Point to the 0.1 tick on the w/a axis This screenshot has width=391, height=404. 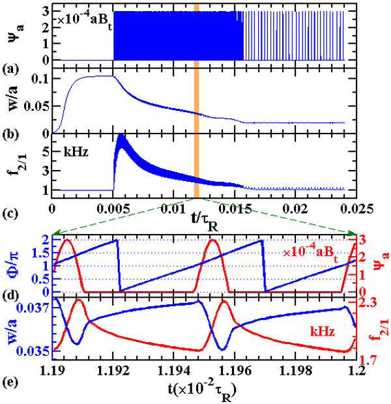[x=38, y=79]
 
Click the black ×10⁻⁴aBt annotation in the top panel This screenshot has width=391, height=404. [x=85, y=18]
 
